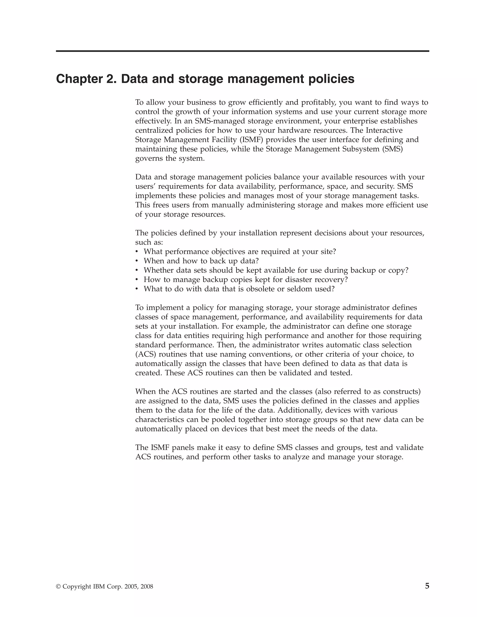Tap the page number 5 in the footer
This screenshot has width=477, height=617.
[427, 586]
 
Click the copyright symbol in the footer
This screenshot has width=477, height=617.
[58, 587]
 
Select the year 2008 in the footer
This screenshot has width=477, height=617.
[147, 587]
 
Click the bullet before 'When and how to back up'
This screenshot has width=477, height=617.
[137, 261]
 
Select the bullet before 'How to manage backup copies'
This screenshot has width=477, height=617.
[137, 280]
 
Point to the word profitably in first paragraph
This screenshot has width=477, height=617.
[318, 102]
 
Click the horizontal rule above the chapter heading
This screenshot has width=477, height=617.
[242, 51]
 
